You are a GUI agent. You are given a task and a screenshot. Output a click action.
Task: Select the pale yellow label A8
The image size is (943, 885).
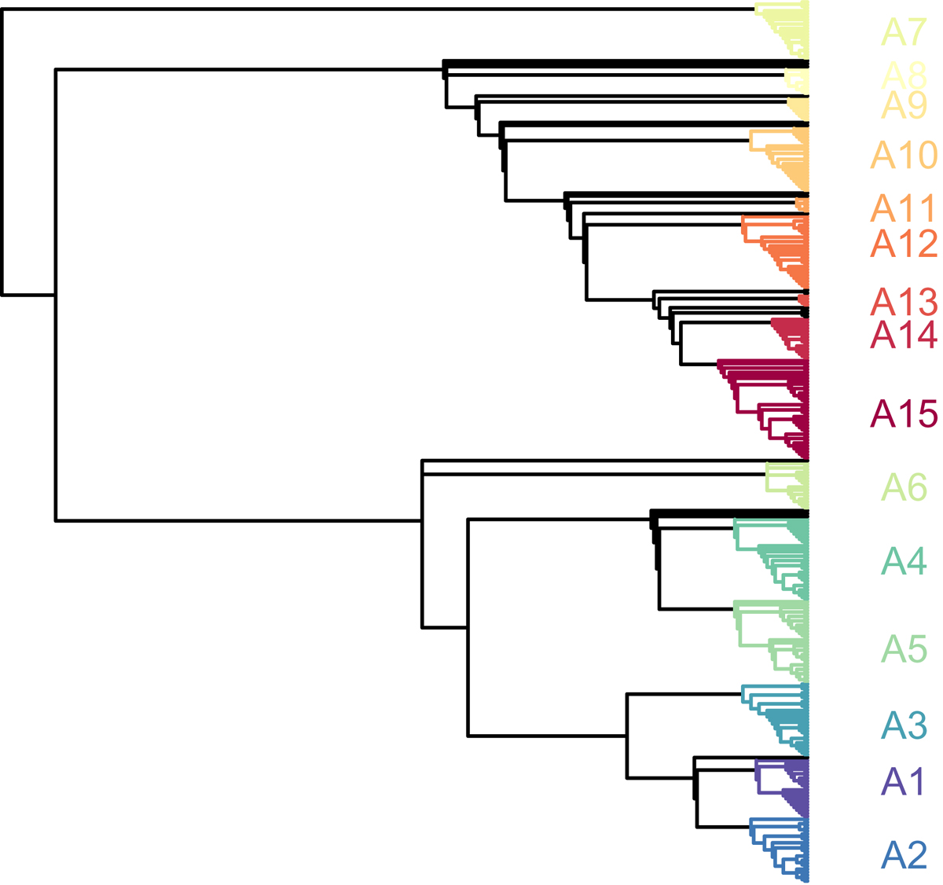click(904, 75)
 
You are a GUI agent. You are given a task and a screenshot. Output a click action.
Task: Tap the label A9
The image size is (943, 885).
click(904, 105)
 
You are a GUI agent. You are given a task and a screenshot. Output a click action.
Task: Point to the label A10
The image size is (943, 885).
click(904, 156)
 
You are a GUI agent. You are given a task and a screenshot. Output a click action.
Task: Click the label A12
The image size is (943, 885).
click(904, 244)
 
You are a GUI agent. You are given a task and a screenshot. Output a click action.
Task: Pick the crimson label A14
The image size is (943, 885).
click(904, 336)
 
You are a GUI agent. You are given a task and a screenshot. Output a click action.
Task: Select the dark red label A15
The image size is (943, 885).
click(904, 414)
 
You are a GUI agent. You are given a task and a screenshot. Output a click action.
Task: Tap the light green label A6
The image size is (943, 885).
click(904, 488)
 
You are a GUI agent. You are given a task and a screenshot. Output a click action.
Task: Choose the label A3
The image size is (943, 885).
click(904, 725)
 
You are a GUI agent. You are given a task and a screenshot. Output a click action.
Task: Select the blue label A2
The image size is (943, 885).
click(904, 855)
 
